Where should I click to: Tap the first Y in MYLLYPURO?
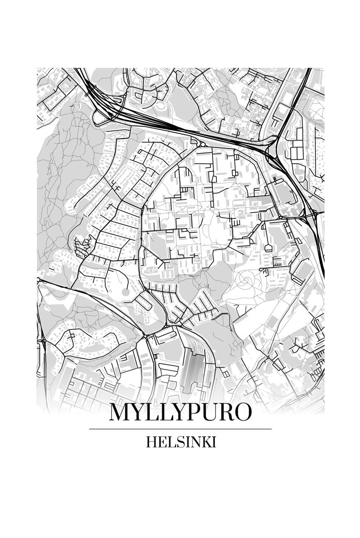tap(138, 412)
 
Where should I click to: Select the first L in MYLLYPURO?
tap(152, 412)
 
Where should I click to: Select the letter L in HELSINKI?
tap(169, 442)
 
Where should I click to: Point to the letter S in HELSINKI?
tap(176, 442)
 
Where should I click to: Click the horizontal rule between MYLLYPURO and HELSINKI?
tap(180, 429)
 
